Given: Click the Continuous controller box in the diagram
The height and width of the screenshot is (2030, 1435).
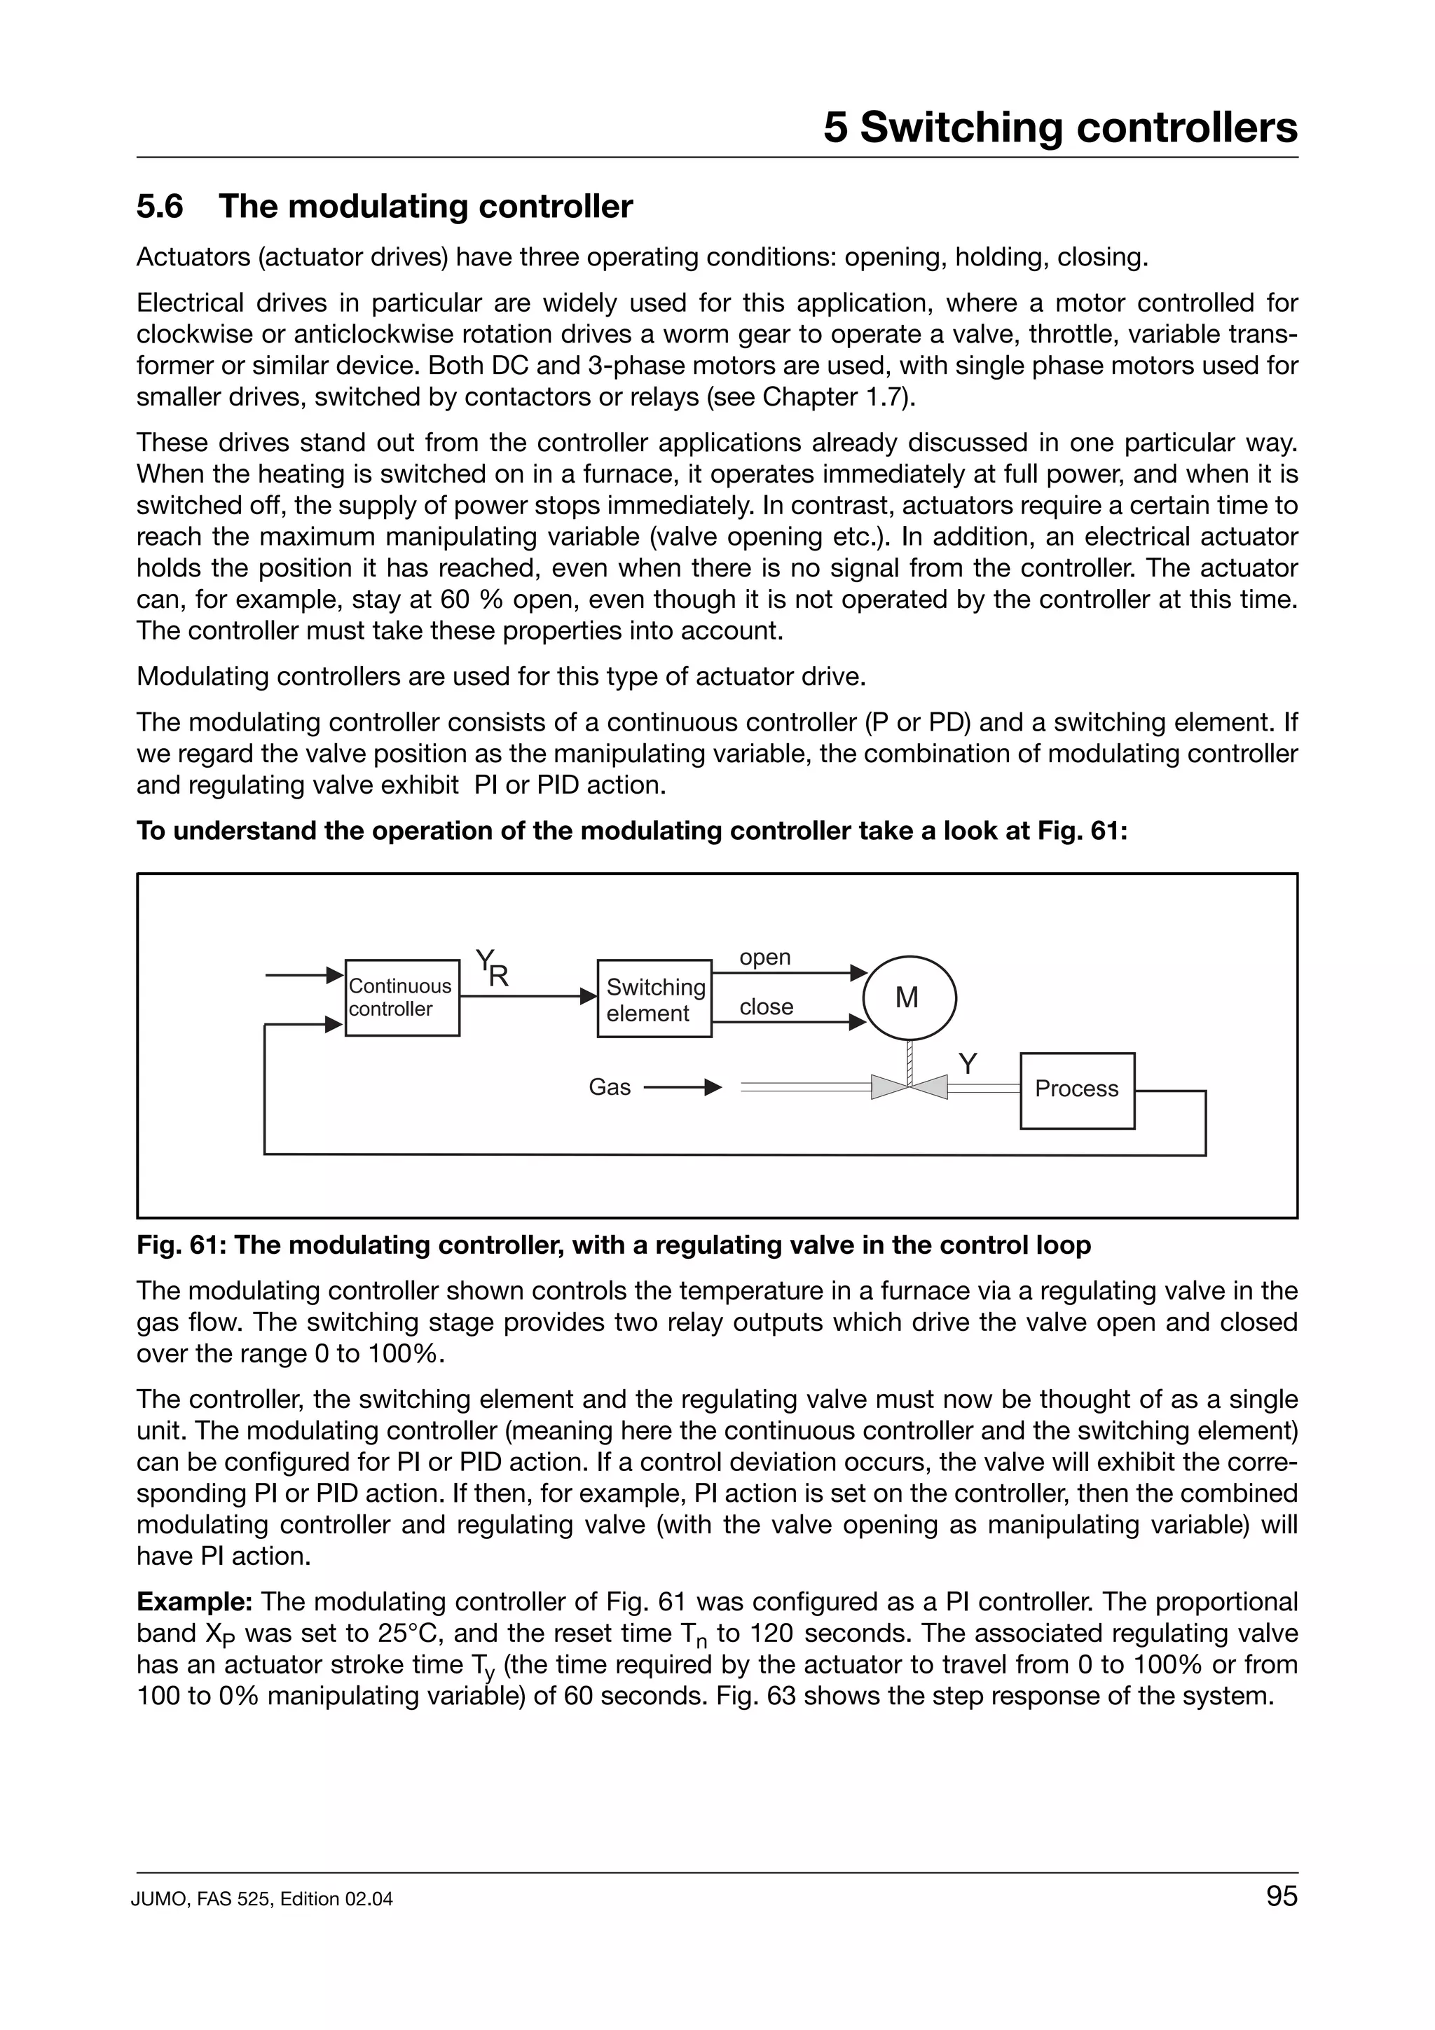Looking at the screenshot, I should click(401, 997).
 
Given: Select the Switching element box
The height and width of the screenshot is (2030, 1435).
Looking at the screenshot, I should click(654, 998).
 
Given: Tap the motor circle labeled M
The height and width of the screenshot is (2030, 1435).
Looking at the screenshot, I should click(909, 998).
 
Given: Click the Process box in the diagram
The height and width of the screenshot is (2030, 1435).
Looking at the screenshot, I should click(1077, 1089).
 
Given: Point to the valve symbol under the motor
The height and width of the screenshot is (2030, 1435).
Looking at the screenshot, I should click(909, 1086).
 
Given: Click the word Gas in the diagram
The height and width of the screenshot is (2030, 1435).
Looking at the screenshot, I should click(609, 1087).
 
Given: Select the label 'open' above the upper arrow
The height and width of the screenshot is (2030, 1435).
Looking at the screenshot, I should click(765, 958).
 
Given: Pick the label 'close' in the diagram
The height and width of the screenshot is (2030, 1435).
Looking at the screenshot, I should click(766, 1007).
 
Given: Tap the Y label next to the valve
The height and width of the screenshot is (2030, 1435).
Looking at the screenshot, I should click(968, 1063).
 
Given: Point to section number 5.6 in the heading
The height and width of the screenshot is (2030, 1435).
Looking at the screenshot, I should click(160, 207).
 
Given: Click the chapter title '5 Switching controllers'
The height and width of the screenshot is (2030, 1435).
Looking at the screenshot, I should click(1060, 127).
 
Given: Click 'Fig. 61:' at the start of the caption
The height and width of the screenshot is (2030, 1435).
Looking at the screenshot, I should click(181, 1245).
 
